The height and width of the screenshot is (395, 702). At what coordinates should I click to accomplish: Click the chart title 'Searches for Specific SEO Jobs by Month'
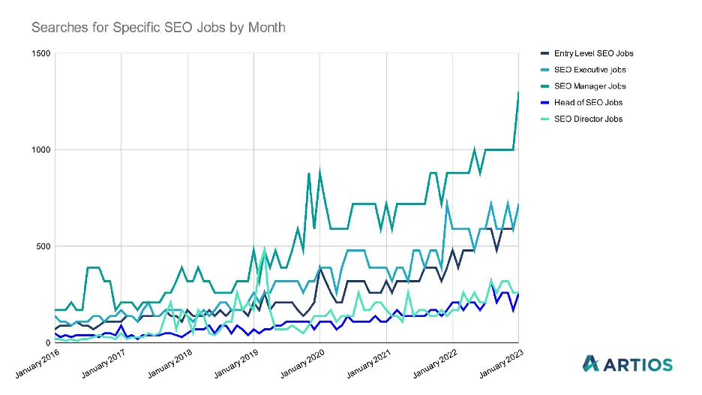(x=158, y=28)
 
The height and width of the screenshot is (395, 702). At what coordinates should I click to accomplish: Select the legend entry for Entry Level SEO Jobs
(x=593, y=53)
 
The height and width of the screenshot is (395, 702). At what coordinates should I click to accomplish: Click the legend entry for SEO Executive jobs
(x=590, y=70)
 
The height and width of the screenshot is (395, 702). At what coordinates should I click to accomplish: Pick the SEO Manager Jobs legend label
(x=589, y=86)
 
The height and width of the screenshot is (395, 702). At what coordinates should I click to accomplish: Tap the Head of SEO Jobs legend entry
(x=588, y=103)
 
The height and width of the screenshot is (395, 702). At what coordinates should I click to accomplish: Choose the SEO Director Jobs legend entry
(x=588, y=119)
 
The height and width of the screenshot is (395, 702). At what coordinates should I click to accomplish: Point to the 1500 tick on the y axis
(x=40, y=53)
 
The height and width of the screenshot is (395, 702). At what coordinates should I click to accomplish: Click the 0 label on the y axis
(x=47, y=342)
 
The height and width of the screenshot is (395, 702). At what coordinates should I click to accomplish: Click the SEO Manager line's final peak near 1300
(x=518, y=92)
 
